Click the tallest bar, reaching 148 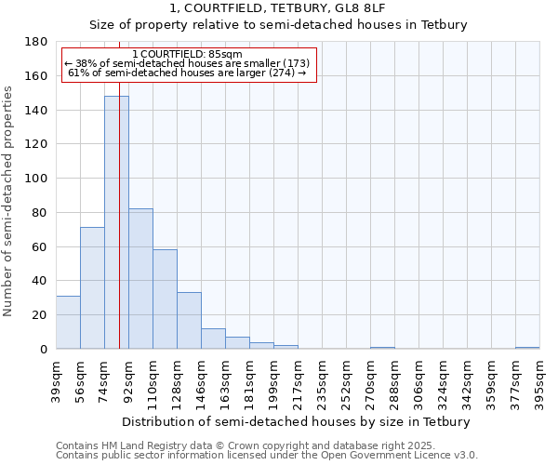[x=116, y=222]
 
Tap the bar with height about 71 [x=92, y=287]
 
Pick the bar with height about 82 [x=140, y=278]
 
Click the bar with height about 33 [x=189, y=320]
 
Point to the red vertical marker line [x=120, y=232]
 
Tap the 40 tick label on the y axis [x=41, y=281]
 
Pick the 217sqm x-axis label [x=298, y=379]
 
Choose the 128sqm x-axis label [x=177, y=379]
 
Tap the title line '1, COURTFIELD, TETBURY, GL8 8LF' [x=278, y=7]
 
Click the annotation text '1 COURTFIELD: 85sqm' [x=187, y=54]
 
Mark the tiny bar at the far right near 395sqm [x=527, y=348]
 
